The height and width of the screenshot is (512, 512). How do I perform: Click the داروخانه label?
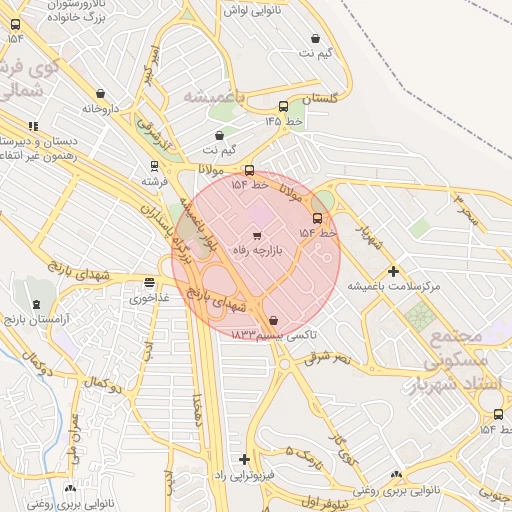pos(101,108)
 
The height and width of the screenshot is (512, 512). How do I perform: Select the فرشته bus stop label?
pos(153,182)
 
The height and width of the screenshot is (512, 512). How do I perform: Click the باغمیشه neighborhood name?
pos(214,96)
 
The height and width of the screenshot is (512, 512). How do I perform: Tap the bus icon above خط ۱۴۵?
pos(284,106)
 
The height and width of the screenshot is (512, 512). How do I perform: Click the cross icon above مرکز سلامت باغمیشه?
pos(393,271)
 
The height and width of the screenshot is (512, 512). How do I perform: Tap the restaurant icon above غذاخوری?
pos(150,283)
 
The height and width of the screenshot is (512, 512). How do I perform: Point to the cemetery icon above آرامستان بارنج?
pos(37,304)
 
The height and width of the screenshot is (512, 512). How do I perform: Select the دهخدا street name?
pos(200,408)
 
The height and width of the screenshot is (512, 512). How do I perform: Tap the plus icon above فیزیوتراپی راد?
pos(244,459)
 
